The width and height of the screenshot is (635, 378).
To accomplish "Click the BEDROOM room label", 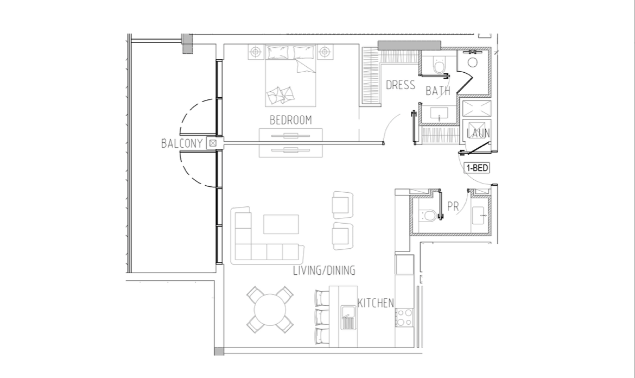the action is (x=291, y=120).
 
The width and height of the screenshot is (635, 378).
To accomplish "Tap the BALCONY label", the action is (x=182, y=143).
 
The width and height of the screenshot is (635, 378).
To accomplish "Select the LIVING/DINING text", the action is (x=324, y=270).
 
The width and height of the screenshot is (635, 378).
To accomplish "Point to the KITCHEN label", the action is (x=376, y=303).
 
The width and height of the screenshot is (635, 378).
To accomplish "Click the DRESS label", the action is (x=401, y=85).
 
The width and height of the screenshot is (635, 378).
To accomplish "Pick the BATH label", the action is (x=438, y=91).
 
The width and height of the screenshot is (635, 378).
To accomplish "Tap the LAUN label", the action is (x=478, y=133).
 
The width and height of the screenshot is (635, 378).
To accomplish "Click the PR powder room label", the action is (x=453, y=206).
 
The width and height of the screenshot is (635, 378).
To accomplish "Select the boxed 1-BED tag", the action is (x=477, y=168).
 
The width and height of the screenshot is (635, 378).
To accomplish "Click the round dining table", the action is (x=270, y=310).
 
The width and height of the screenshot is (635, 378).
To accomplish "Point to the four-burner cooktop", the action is (x=404, y=317).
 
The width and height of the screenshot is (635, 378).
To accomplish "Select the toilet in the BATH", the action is (x=439, y=65).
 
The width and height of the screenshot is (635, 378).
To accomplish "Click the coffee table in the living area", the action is (x=281, y=224).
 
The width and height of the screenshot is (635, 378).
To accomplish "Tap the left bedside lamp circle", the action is (x=255, y=52).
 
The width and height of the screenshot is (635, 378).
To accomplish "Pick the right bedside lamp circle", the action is (x=325, y=52).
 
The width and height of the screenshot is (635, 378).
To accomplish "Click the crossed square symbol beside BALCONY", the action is (x=213, y=143).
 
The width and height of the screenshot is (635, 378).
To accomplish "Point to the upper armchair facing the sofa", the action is (x=342, y=205).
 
